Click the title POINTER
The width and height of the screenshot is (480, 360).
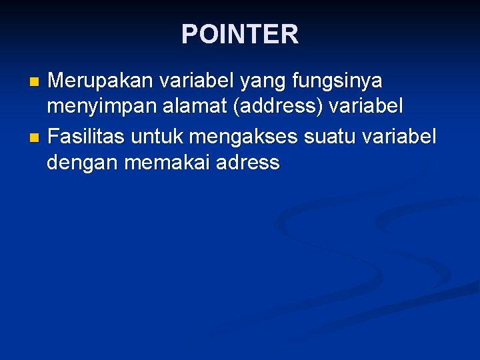(240, 34)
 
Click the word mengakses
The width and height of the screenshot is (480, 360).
(243, 137)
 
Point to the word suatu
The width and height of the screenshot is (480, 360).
(330, 137)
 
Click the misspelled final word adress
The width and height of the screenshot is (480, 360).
(248, 163)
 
